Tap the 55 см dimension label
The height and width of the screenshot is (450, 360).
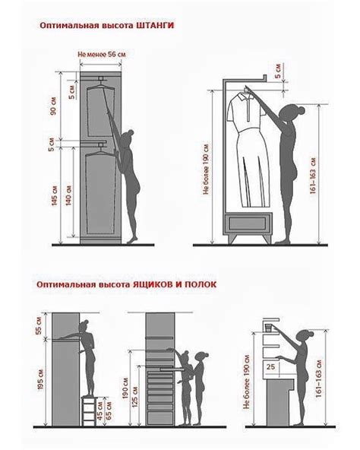(39, 328)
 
